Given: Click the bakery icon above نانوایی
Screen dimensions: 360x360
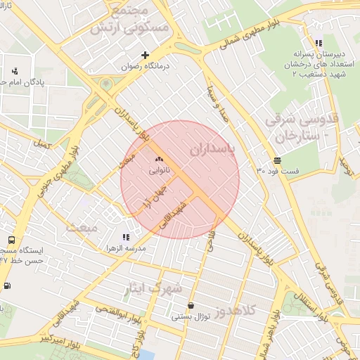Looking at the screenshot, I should point(158,160).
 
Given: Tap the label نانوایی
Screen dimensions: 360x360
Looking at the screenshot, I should point(159,170).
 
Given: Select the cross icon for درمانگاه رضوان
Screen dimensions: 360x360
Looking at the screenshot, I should point(146,55).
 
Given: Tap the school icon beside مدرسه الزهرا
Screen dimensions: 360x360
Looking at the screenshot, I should point(126,238).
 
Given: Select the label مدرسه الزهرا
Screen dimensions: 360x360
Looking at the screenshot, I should point(126,248).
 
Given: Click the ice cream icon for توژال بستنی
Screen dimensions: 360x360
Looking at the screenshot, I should point(191,306).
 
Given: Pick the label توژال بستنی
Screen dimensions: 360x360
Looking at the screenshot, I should point(191,316).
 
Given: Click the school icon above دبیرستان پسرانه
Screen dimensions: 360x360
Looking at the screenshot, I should point(319,43).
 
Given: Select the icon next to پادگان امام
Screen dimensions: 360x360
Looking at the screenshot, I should point(15,71).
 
